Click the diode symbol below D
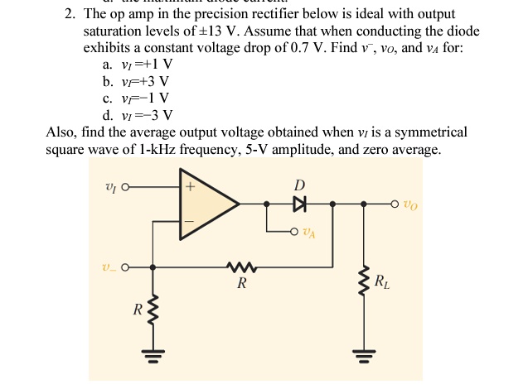pyautogui.click(x=298, y=203)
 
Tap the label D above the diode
pyautogui.click(x=299, y=184)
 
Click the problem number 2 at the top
pyautogui.click(x=70, y=14)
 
